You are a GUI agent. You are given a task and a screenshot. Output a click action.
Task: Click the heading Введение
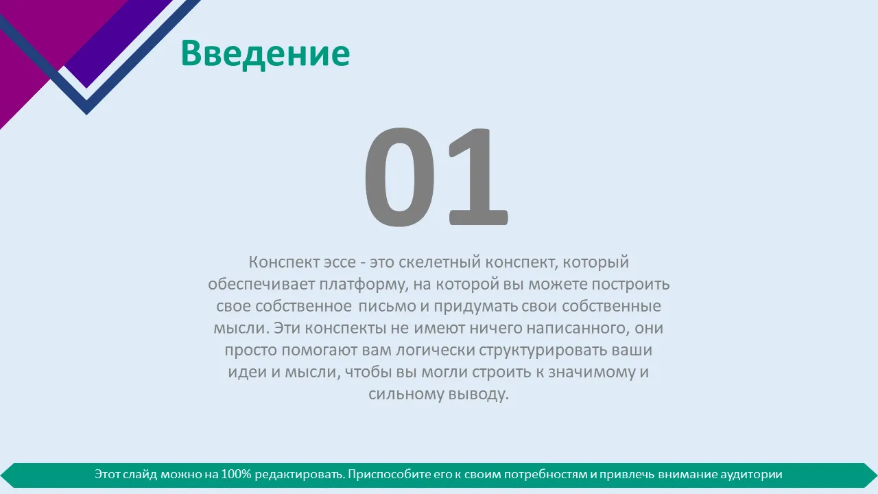[x=265, y=54]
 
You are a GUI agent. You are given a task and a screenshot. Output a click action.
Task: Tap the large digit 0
[x=400, y=177]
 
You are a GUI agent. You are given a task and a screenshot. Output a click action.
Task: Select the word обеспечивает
[x=261, y=284]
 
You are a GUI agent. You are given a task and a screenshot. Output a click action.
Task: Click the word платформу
[x=364, y=285]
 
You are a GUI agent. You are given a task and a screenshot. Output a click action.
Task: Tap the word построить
[x=630, y=284]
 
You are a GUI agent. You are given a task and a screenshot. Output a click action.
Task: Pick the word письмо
[x=388, y=306]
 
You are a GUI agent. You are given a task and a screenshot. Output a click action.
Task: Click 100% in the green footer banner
[x=236, y=474]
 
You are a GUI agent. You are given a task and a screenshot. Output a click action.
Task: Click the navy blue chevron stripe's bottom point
[x=86, y=114]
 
